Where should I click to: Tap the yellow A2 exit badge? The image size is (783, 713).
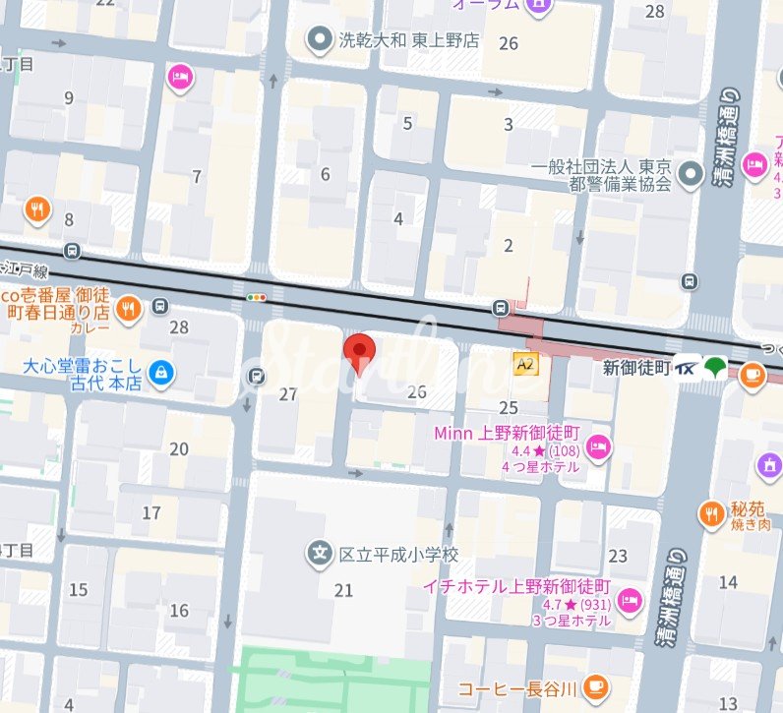(x=525, y=364)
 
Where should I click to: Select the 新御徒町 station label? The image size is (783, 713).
(x=635, y=368)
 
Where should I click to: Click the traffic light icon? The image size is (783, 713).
(x=257, y=296)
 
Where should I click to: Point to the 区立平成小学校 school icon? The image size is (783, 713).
(x=320, y=555)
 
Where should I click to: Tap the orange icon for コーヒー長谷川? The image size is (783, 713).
(x=593, y=686)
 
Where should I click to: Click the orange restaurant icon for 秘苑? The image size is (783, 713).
(x=711, y=512)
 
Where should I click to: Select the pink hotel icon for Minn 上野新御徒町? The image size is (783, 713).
(x=598, y=448)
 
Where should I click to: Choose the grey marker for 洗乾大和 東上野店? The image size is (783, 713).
(x=319, y=40)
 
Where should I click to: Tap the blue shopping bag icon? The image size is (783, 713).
(x=161, y=373)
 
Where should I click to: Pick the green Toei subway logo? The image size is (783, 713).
(x=716, y=369)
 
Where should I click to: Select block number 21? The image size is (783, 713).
(x=343, y=590)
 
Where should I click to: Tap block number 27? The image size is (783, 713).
(x=288, y=394)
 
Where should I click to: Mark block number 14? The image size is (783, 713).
(x=728, y=582)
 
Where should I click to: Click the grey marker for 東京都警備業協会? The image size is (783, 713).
(x=693, y=171)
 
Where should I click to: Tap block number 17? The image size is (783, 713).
(x=151, y=513)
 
